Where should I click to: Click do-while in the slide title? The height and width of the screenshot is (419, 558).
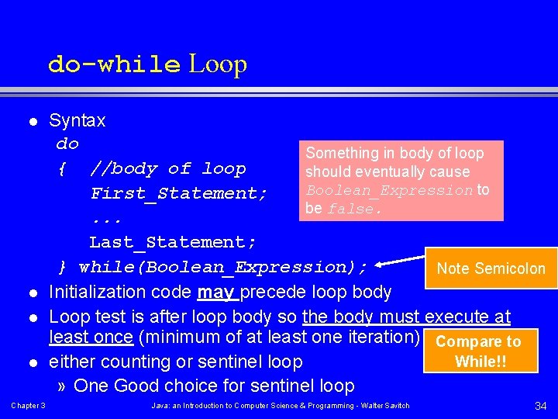point(114,64)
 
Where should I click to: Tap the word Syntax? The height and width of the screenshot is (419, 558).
point(77,120)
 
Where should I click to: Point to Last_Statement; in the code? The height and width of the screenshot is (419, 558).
point(173,242)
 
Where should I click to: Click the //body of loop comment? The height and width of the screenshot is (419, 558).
point(168,168)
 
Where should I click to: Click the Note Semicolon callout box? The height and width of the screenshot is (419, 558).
point(491,268)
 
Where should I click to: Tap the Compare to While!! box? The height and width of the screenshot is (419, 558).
point(478,351)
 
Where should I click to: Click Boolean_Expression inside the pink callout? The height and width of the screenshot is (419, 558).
point(389,190)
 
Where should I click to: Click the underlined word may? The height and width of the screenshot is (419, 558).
point(216,292)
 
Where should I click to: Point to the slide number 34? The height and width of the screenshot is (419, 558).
point(539,406)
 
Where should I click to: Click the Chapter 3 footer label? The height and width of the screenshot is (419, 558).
point(29,406)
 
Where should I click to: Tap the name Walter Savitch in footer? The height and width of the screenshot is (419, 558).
point(384,406)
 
